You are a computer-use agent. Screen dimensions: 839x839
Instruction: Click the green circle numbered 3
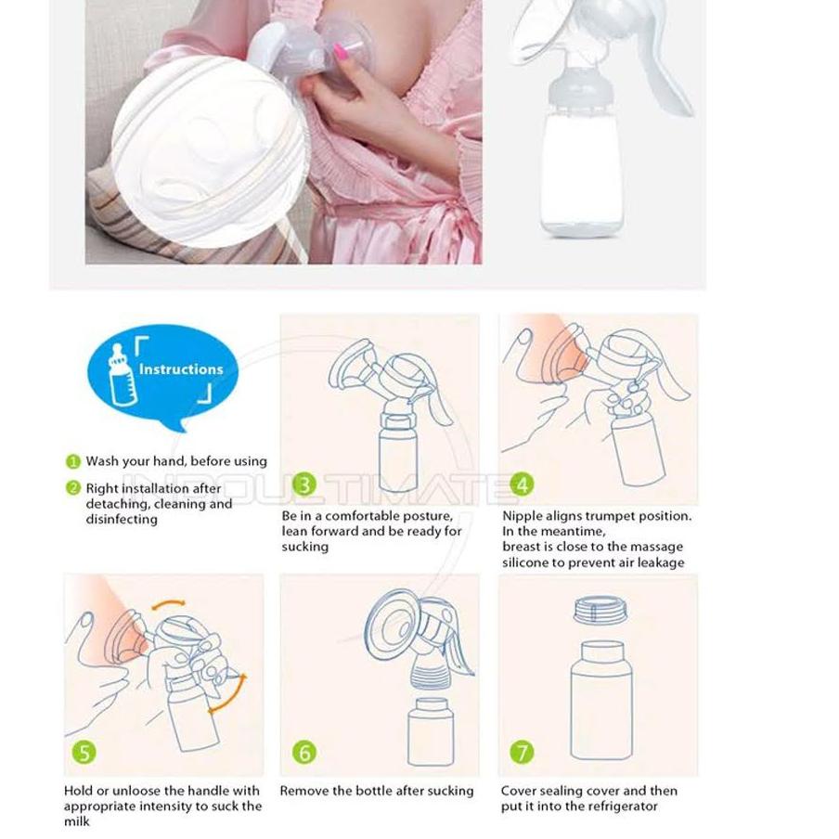(x=304, y=484)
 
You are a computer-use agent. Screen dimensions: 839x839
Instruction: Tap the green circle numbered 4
(x=523, y=484)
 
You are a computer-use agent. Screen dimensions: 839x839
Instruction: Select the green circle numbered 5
(x=85, y=752)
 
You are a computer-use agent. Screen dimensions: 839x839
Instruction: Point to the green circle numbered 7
(x=523, y=752)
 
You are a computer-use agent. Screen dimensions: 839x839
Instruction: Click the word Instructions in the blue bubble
(x=181, y=369)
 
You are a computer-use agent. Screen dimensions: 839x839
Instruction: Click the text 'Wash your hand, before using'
(x=175, y=461)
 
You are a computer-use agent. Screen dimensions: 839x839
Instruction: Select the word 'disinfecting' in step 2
(x=122, y=520)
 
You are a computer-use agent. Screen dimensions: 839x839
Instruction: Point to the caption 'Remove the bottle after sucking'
(x=377, y=792)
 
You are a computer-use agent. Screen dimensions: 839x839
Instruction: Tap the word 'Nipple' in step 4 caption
(x=522, y=516)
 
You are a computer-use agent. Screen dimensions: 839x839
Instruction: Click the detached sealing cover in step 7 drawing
(x=598, y=611)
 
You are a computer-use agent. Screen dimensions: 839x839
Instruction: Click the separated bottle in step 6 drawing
(x=432, y=731)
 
